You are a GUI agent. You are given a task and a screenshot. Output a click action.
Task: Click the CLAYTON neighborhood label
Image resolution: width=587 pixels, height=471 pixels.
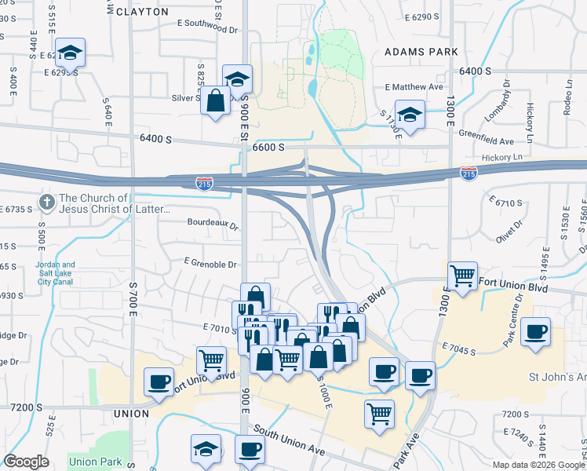[142, 12]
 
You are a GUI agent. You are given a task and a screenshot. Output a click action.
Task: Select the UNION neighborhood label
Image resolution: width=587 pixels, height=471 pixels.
[131, 413]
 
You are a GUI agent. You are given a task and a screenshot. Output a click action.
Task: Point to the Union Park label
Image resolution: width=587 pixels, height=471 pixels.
[93, 462]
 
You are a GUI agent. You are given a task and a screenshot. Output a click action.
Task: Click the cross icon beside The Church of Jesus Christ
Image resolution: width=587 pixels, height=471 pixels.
[46, 203]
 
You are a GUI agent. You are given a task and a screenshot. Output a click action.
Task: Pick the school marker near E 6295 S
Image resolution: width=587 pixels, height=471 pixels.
[71, 53]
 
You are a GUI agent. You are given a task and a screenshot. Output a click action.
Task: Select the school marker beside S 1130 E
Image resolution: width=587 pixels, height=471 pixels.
[410, 115]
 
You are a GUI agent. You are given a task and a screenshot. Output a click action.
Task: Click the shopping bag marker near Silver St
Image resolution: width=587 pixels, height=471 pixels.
[215, 101]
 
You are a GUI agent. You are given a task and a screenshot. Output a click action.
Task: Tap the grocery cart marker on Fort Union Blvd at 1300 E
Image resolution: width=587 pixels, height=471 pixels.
[463, 276]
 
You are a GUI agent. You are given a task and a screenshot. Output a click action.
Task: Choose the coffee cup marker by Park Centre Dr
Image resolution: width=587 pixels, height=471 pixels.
[536, 331]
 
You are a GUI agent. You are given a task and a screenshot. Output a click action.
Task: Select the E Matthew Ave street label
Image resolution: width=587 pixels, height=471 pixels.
[414, 87]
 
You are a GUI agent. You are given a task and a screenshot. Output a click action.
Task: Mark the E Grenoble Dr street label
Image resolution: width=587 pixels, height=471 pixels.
[210, 265]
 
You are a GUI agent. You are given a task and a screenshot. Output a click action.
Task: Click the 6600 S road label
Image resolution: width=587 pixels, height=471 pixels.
[268, 147]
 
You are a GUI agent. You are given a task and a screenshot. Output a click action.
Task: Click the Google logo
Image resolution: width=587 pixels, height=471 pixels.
[27, 462]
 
